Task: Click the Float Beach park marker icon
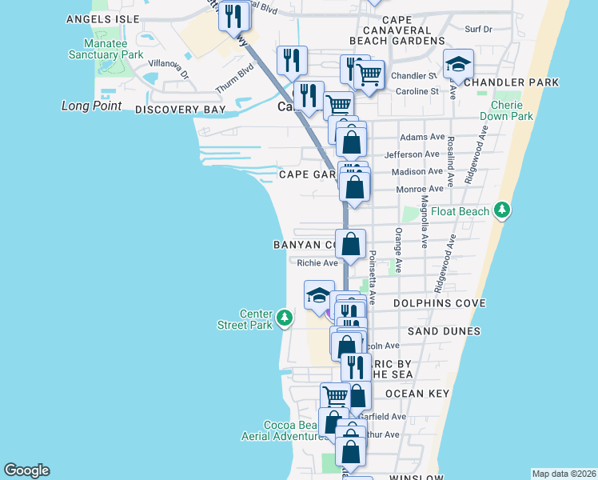501,210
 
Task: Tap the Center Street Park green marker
284,319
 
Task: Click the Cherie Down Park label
506,110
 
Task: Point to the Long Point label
92,106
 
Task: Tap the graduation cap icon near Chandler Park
459,64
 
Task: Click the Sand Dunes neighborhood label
444,330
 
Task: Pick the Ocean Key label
417,394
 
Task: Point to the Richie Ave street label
317,262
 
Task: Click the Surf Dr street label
478,29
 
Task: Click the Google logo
26,470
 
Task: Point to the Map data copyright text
564,474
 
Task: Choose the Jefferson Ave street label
413,154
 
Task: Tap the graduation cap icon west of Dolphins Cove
319,295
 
